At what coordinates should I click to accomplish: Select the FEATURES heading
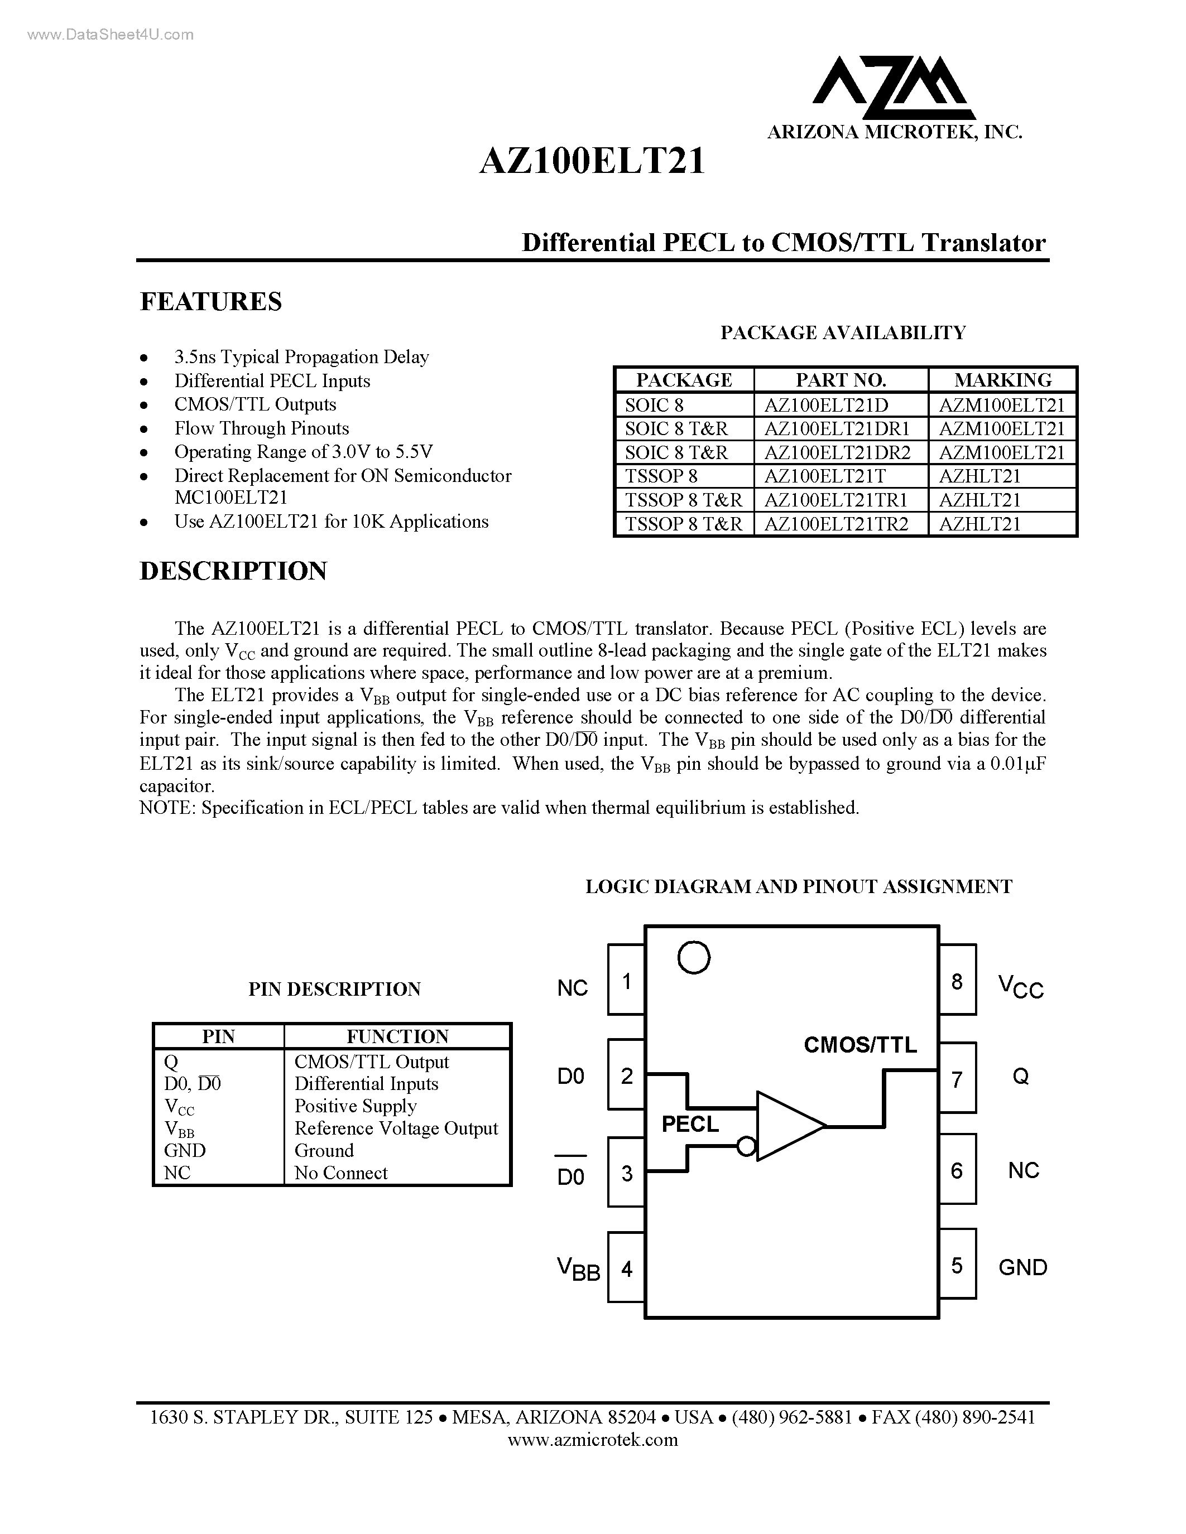pyautogui.click(x=211, y=301)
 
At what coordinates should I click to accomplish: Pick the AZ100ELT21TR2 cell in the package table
pyautogui.click(x=836, y=524)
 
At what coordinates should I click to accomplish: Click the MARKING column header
pyautogui.click(x=1002, y=380)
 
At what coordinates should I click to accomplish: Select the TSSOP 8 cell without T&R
pyautogui.click(x=661, y=476)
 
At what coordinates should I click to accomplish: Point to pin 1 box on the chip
pyautogui.click(x=626, y=980)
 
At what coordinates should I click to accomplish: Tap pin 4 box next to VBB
pyautogui.click(x=626, y=1268)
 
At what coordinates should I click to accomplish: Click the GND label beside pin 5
pyautogui.click(x=1022, y=1268)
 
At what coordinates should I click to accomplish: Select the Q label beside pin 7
pyautogui.click(x=1020, y=1076)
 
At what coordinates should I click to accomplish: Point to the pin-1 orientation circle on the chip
pyautogui.click(x=694, y=957)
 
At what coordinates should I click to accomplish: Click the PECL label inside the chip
pyautogui.click(x=690, y=1125)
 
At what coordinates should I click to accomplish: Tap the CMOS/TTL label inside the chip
pyautogui.click(x=860, y=1045)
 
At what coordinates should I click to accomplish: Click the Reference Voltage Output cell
pyautogui.click(x=396, y=1128)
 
